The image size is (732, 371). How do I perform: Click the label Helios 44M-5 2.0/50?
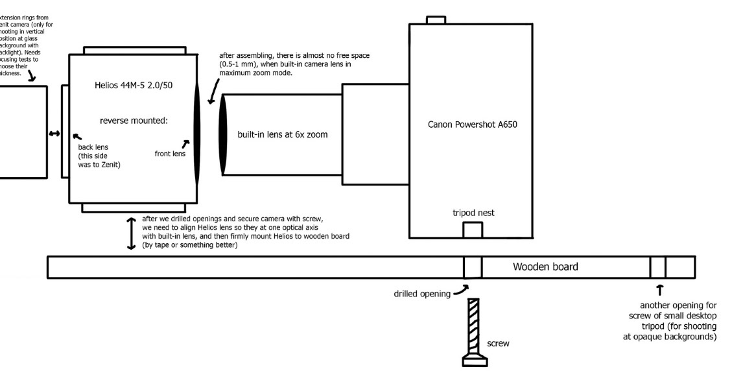132,86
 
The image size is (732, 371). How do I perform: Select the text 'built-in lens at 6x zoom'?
283,135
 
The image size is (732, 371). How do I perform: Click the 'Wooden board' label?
545,267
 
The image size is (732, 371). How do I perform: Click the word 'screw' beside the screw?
498,344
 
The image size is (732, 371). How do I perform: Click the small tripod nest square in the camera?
472,230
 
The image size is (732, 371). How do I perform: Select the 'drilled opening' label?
421,293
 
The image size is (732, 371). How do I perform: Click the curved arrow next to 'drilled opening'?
461,291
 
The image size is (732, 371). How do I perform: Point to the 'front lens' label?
170,154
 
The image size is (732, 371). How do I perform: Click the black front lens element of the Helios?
197,136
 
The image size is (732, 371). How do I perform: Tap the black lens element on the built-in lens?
223,135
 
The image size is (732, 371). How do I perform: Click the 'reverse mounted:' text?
134,120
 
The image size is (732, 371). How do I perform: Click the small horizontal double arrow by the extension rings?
54,134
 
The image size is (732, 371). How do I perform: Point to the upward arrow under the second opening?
660,290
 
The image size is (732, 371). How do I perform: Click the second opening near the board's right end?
658,267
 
